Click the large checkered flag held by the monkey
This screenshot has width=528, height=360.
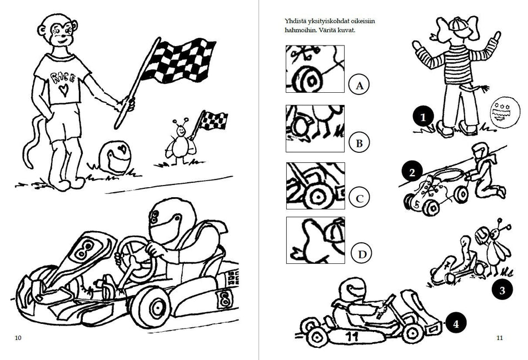pos(178,60)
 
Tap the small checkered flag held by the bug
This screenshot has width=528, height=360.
pos(213,120)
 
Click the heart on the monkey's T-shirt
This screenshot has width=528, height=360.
pos(63,90)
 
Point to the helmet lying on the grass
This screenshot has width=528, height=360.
pos(114,157)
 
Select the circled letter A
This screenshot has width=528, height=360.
pos(358,85)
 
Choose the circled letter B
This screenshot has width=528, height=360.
pos(359,143)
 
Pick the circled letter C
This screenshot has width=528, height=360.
pos(359,198)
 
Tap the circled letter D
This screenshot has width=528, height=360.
pos(362,254)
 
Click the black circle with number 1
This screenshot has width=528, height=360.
pos(424,117)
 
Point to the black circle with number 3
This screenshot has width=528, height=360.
pos(502,289)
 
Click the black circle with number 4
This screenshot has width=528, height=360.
pos(456,324)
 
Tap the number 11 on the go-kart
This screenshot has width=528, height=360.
pos(351,336)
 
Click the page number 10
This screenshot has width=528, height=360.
pos(18,338)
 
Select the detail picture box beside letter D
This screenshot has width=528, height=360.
pos(316,240)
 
